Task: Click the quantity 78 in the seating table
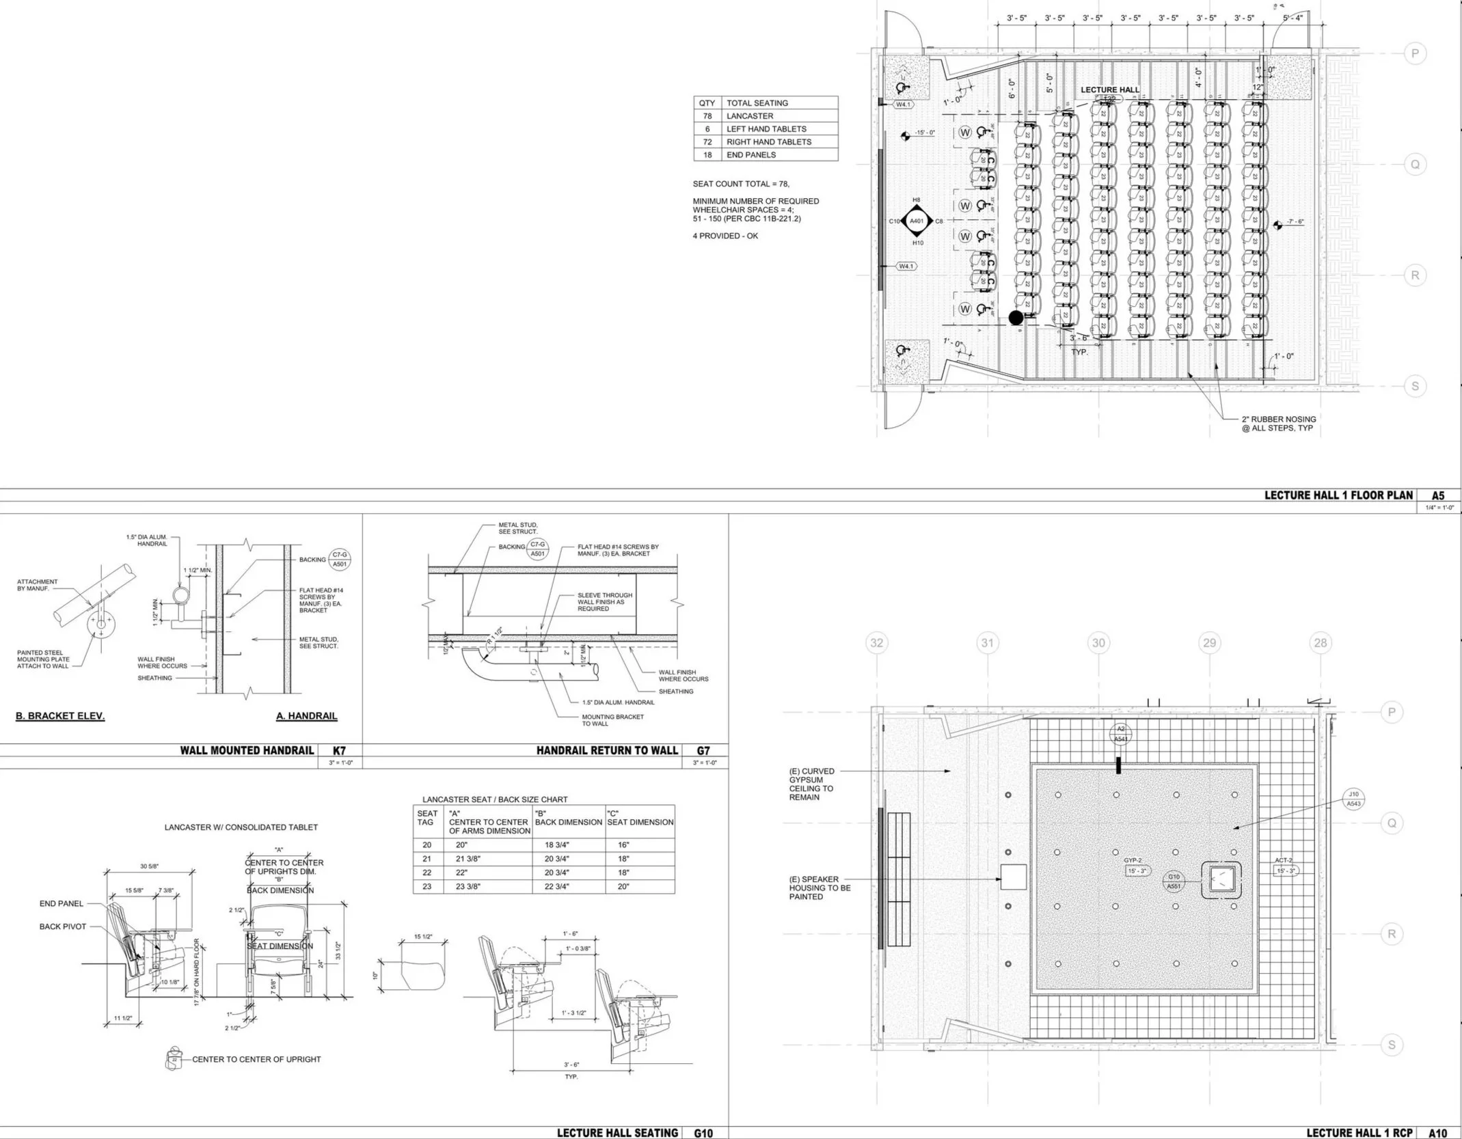pyautogui.click(x=707, y=116)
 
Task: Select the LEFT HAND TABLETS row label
pyautogui.click(x=766, y=129)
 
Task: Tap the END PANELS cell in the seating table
pyautogui.click(x=751, y=155)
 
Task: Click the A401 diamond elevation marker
pyautogui.click(x=917, y=221)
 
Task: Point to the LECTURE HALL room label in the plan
pyautogui.click(x=1110, y=90)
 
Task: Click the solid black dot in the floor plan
pyautogui.click(x=1016, y=317)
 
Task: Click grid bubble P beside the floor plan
pyautogui.click(x=1415, y=54)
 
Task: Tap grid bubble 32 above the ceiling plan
pyautogui.click(x=876, y=642)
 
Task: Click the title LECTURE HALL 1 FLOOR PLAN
pyautogui.click(x=1338, y=495)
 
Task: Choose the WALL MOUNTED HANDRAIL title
pyautogui.click(x=247, y=750)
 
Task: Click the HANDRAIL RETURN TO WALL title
pyautogui.click(x=607, y=750)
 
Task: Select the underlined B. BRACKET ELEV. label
pyautogui.click(x=60, y=716)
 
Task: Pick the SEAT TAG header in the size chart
pyautogui.click(x=427, y=817)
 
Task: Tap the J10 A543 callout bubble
pyautogui.click(x=1353, y=799)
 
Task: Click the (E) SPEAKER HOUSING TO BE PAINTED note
pyautogui.click(x=820, y=888)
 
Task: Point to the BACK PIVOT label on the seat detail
pyautogui.click(x=62, y=927)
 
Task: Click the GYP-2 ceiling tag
pyautogui.click(x=1133, y=860)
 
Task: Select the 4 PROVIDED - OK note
pyautogui.click(x=725, y=236)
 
